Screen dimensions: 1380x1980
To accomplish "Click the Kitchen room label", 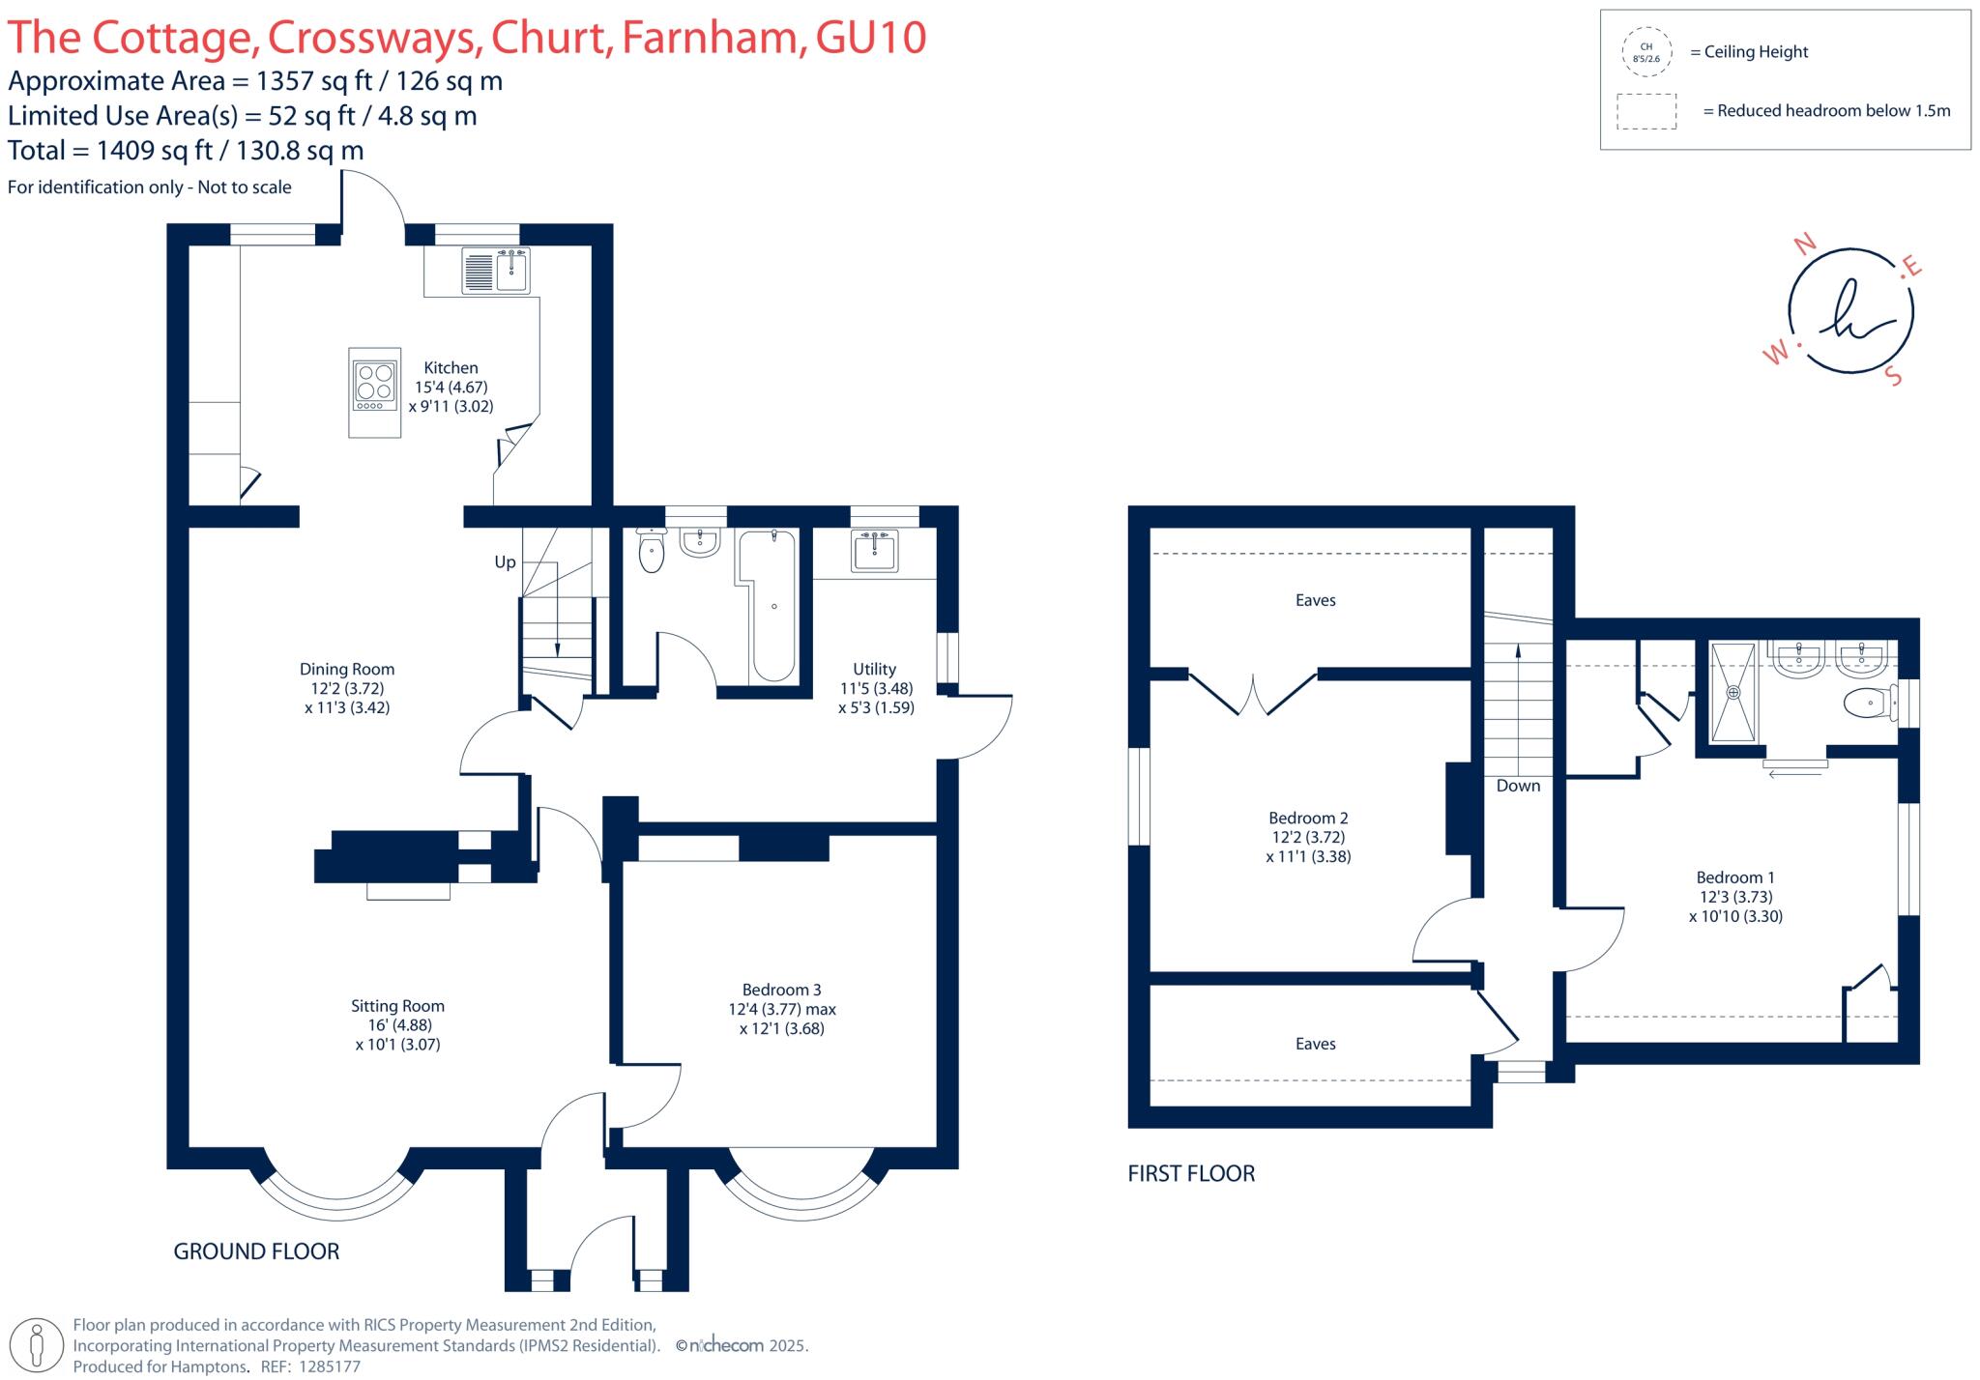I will [451, 368].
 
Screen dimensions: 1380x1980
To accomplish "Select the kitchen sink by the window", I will [512, 270].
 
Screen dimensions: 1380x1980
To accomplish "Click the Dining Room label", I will [346, 669].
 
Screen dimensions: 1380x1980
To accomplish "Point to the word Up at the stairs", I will [505, 562].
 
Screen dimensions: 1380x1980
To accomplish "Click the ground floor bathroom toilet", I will [652, 553].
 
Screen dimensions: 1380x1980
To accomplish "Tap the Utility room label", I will [874, 669].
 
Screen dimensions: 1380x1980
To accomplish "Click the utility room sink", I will [875, 551].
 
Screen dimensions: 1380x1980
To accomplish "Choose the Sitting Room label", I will [397, 1006].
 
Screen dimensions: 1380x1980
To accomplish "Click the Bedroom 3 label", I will [781, 990].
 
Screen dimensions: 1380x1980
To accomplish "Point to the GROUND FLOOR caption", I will [256, 1251].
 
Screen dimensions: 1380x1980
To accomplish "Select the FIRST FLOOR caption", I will [1191, 1173].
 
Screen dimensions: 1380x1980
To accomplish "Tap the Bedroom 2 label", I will [1308, 818].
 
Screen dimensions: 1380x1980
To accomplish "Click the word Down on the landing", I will [1518, 786].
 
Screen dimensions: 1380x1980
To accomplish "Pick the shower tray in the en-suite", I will [1732, 692].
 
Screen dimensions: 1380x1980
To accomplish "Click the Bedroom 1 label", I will [1735, 877].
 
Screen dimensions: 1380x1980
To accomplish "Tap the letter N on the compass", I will [1804, 244].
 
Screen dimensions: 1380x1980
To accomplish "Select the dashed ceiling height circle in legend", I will [1646, 52].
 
